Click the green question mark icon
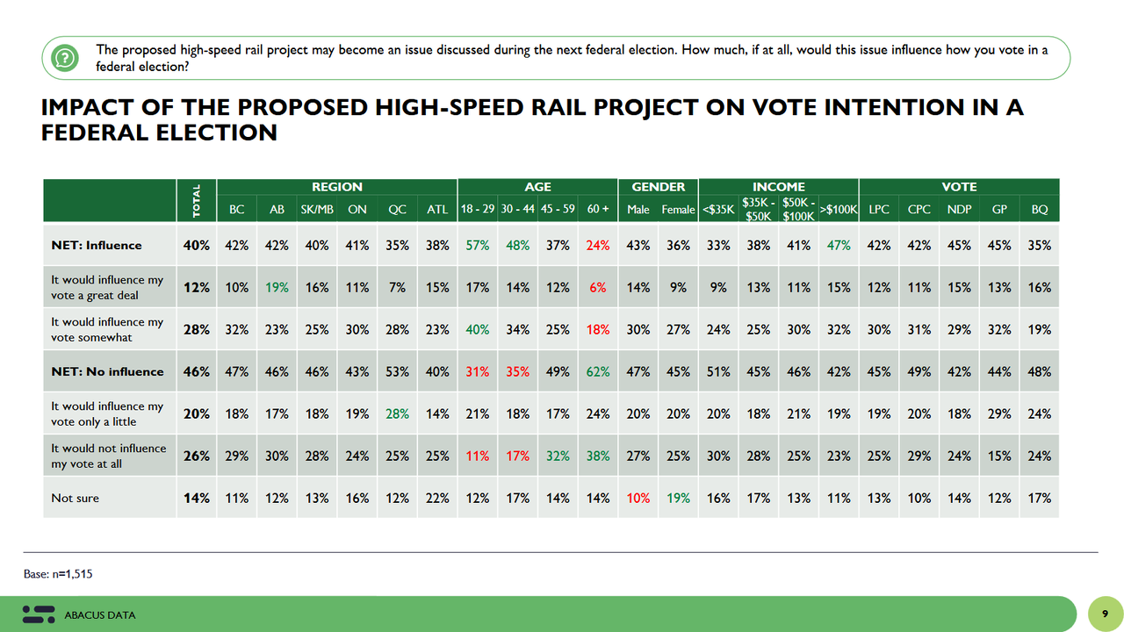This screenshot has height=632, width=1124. (x=62, y=58)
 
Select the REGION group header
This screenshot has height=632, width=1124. (x=337, y=187)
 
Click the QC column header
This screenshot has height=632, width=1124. (x=397, y=210)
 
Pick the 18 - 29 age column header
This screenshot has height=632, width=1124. (x=478, y=210)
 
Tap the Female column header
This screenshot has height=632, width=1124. (x=678, y=210)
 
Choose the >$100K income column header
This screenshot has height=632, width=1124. (x=839, y=210)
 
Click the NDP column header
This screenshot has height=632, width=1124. (x=959, y=210)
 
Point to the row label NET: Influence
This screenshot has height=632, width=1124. (x=96, y=246)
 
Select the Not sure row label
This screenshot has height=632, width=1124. (x=75, y=498)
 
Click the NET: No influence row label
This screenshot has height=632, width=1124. (x=107, y=371)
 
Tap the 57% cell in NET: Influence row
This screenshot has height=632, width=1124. (x=477, y=246)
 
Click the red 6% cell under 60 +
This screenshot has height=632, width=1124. (x=598, y=287)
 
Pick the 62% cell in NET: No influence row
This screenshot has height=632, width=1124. (x=597, y=371)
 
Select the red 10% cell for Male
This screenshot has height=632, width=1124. (x=638, y=498)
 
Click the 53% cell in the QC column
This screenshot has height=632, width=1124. (x=397, y=371)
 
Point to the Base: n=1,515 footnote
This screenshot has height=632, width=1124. (x=58, y=574)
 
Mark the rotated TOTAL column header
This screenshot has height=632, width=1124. (x=197, y=201)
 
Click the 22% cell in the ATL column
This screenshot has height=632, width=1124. (x=436, y=498)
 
